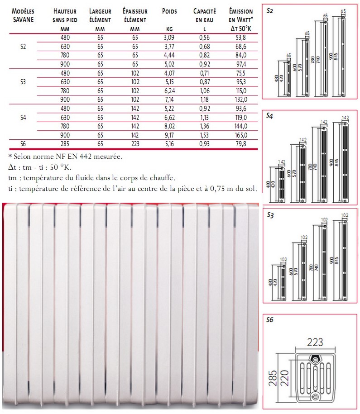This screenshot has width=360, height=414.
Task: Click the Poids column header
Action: (x=169, y=11)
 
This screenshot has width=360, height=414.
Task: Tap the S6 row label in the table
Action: (x=24, y=144)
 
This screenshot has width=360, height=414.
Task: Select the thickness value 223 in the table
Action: (x=135, y=144)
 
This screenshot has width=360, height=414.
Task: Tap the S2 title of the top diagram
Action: (x=270, y=10)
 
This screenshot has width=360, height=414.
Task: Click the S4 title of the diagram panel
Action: (x=270, y=116)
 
